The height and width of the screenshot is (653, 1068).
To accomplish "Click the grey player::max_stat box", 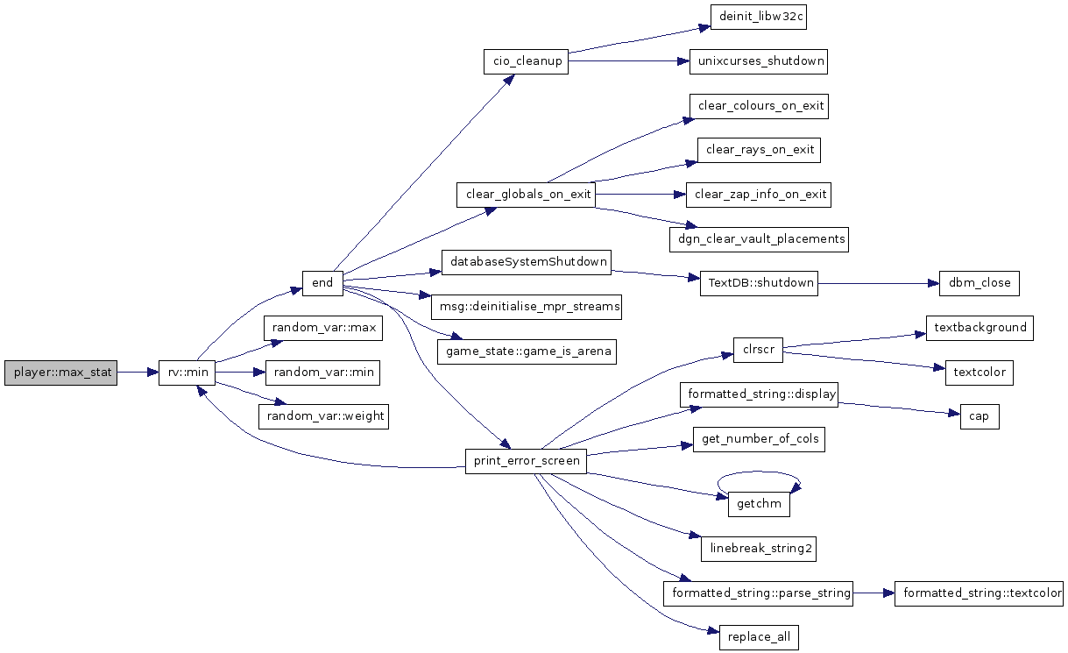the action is pos(60,373).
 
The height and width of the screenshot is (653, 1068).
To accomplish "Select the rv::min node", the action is pos(187,373).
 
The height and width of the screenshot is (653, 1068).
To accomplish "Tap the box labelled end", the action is pos(322,283).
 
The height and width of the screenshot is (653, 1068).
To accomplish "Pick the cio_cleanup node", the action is pos(526,61).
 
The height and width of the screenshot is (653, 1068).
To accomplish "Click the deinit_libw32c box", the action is pos(759,17).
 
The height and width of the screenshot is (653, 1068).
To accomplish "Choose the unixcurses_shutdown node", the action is pos(759,61).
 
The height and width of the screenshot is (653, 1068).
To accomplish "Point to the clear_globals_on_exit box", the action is pos(526,195).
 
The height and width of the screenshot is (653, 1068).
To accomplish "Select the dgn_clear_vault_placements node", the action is pos(759,239).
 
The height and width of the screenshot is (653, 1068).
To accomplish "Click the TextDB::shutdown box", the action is pos(759,283).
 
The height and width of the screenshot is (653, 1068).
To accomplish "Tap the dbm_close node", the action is pos(980,283).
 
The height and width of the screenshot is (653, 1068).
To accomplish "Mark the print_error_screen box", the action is pos(526,461).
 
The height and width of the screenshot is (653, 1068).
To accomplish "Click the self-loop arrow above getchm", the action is pos(758,472).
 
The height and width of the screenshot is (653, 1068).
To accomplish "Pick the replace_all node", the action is pos(759,637).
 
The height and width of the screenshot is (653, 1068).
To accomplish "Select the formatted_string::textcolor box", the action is pos(979,593).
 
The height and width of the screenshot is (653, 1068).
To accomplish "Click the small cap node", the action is pos(980,417).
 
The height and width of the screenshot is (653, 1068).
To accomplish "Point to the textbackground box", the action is pos(980,328).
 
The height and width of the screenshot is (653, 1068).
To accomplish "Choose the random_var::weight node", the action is pos(324,417).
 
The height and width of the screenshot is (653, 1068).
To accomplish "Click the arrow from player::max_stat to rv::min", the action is pos(138,373).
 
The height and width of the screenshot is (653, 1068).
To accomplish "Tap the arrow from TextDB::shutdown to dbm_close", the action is pos(879,284).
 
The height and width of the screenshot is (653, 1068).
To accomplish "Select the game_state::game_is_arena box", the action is pos(527,352).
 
